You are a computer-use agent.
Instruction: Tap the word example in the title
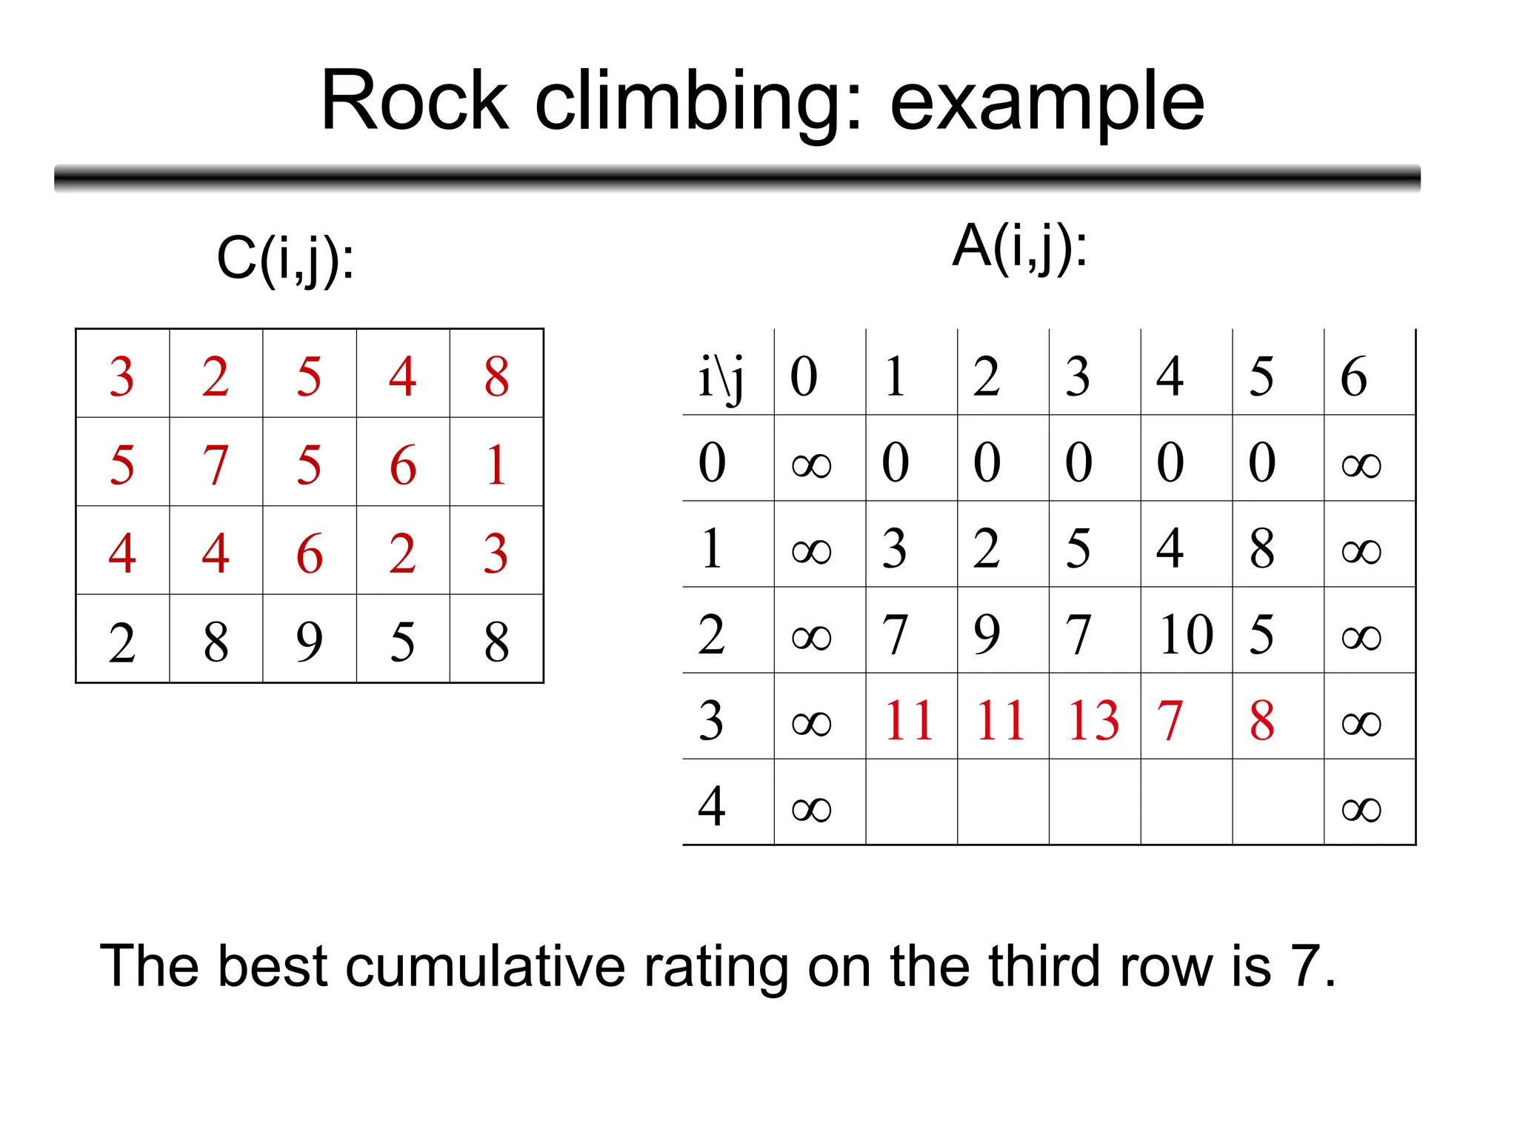pos(1047,102)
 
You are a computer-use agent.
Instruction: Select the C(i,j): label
pos(286,259)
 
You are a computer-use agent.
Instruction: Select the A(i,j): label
pos(1019,247)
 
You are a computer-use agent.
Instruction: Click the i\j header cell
pos(720,377)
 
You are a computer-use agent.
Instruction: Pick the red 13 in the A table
pos(1093,720)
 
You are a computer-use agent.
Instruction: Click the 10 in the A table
pos(1186,634)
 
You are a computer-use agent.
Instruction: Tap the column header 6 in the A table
pos(1353,376)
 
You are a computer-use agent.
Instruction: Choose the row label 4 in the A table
pos(711,806)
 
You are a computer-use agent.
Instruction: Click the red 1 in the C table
pos(496,465)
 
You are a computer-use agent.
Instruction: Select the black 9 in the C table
pos(309,642)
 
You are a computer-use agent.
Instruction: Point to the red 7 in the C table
pos(215,465)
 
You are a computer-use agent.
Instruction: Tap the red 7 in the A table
pos(1170,720)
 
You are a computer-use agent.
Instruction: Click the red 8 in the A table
pos(1261,720)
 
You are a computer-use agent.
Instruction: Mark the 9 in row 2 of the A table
pos(987,634)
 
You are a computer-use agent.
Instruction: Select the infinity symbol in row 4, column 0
pos(811,809)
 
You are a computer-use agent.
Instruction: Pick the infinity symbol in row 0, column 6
pos(1361,465)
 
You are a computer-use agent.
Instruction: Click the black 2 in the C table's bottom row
pos(122,642)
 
